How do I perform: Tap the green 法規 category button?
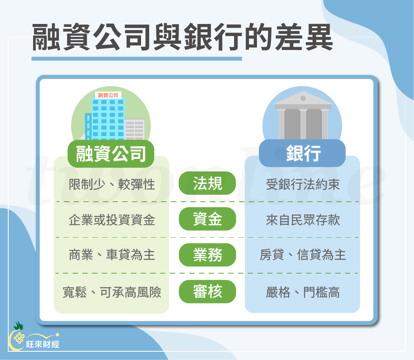[x=207, y=183]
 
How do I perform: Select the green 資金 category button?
[x=207, y=219]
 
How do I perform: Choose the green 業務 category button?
[x=207, y=255]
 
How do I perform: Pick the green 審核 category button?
[x=207, y=292]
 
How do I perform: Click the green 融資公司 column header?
[x=111, y=153]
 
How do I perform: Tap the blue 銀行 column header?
[x=302, y=153]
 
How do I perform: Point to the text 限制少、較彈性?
[x=112, y=184]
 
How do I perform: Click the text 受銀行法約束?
[x=303, y=184]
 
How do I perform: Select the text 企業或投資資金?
[x=112, y=219]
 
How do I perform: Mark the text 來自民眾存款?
[x=303, y=219]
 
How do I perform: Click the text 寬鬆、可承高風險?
[x=112, y=292]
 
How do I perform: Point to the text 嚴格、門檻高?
[x=303, y=292]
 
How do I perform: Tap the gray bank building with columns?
[x=303, y=116]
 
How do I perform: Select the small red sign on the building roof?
[x=108, y=95]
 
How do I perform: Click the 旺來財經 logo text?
[x=43, y=343]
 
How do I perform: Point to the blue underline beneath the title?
[x=136, y=59]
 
